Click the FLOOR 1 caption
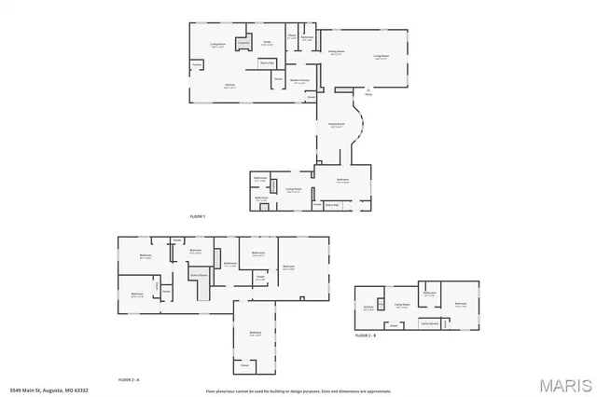coord(197,216)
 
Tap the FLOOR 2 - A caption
coord(129,379)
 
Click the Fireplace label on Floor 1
coord(243,43)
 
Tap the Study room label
coord(266,43)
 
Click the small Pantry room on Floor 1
coord(198,65)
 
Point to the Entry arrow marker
coord(368,92)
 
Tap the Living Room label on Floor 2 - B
coord(402,305)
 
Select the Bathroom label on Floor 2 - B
coord(430,294)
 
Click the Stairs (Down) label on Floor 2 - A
coord(199,276)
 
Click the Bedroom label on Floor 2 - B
coord(461,304)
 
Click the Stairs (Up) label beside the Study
coord(266,62)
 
